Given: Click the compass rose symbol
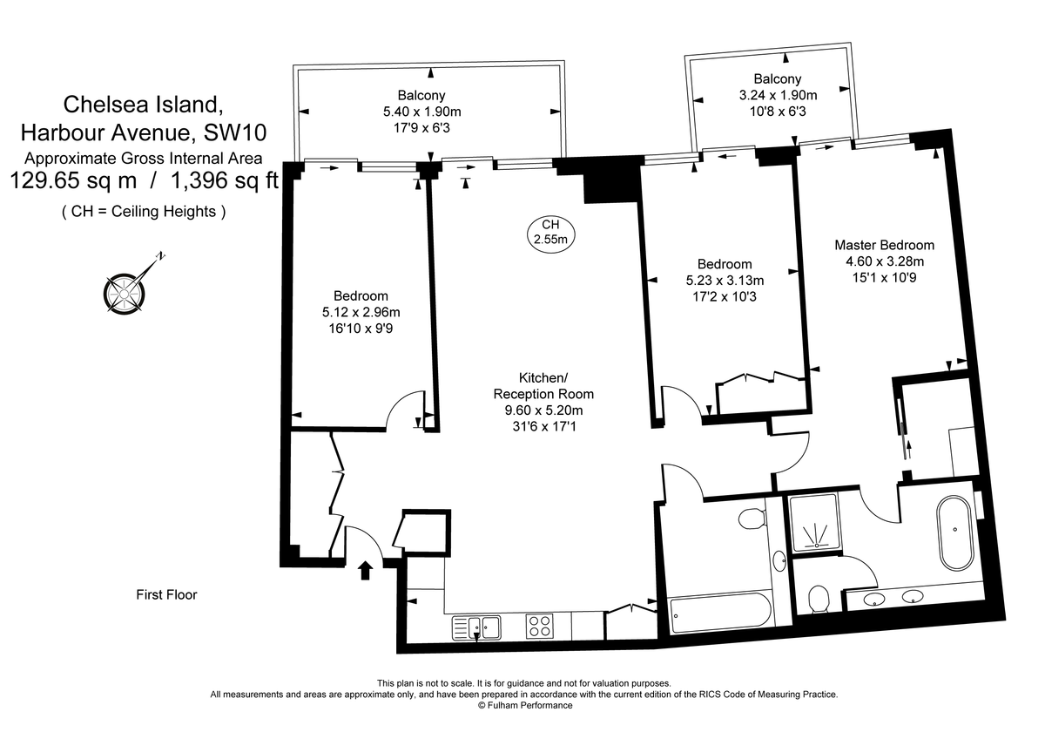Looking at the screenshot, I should (x=125, y=289).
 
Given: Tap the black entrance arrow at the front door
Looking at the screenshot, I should (x=366, y=570).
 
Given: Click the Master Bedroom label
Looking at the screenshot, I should (x=884, y=245).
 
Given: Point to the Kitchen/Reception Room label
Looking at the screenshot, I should (x=543, y=386).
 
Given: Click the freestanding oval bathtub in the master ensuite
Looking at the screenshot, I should (x=954, y=532).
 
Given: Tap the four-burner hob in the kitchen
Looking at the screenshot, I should (x=540, y=626).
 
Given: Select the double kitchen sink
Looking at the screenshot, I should (x=477, y=626).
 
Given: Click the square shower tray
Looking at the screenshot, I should (x=814, y=523).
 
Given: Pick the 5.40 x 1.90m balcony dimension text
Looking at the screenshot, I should (x=421, y=112).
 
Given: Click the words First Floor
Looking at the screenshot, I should (x=166, y=595).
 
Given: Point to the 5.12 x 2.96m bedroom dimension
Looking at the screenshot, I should (x=361, y=312).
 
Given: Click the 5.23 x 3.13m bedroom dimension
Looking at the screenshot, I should (x=724, y=280).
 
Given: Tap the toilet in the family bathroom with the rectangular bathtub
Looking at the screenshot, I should (x=752, y=520).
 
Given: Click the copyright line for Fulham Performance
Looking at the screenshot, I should (x=524, y=706).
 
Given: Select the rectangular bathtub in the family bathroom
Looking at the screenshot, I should (x=718, y=613).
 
